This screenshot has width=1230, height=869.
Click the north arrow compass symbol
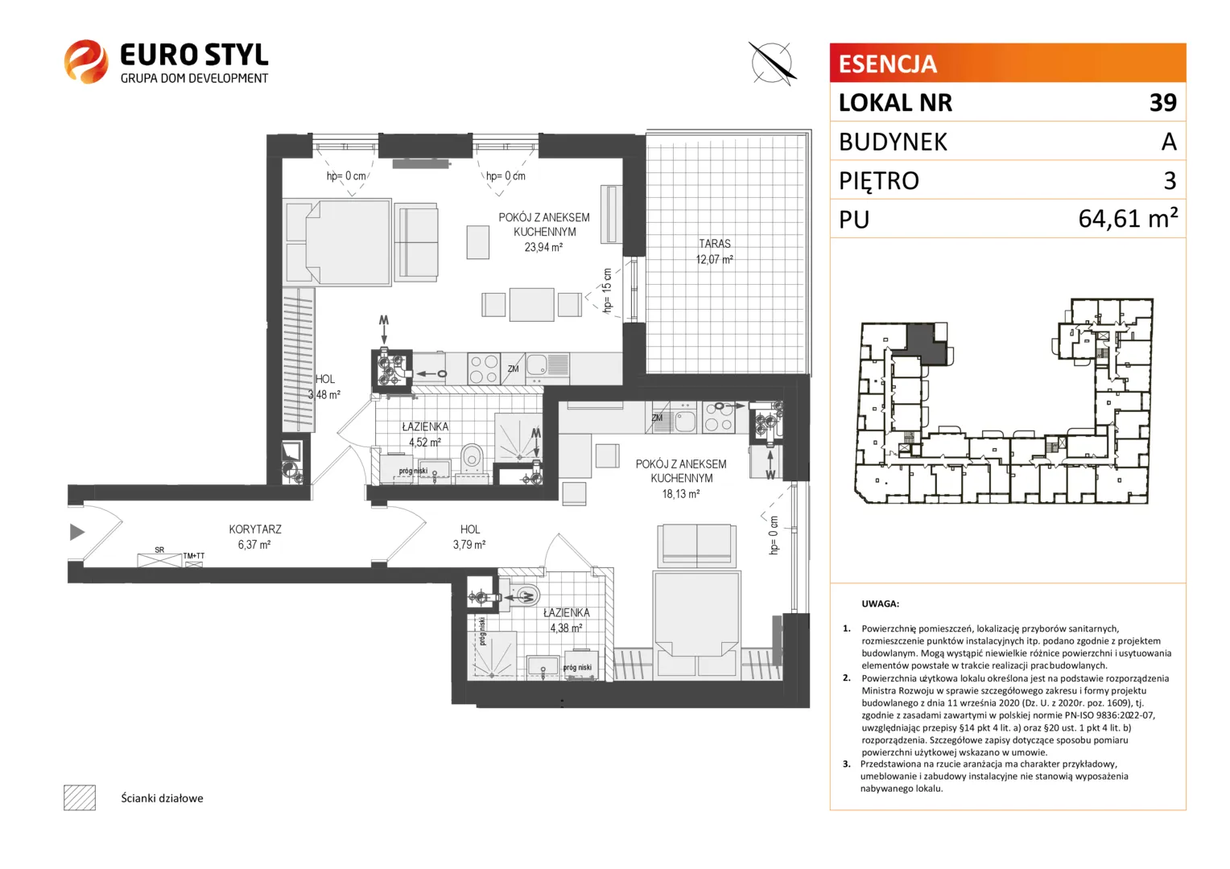click(x=771, y=63)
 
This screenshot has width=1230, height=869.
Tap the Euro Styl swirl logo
click(x=85, y=61)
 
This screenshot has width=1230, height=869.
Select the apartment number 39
click(x=1163, y=103)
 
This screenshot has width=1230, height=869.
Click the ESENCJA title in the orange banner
click(x=887, y=64)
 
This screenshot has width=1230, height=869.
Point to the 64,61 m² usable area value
click(x=1128, y=219)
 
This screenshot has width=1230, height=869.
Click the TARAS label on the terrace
click(x=714, y=243)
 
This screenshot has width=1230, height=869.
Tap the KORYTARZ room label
click(x=255, y=529)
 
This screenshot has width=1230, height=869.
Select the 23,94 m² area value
click(x=543, y=247)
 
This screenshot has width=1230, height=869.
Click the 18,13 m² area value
click(x=680, y=493)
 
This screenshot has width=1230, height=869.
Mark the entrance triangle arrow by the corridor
click(x=77, y=531)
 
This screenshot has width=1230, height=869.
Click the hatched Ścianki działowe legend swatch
click(x=80, y=797)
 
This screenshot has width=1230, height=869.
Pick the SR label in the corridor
click(x=159, y=550)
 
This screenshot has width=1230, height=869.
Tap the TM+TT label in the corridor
click(x=194, y=555)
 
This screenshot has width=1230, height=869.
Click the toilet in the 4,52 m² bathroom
click(x=472, y=457)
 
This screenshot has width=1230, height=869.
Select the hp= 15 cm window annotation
click(x=607, y=290)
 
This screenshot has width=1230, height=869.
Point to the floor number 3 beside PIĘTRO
click(x=1170, y=180)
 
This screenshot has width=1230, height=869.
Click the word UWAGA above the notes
click(x=880, y=603)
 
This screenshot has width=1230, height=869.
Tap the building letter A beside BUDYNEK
click(x=1169, y=142)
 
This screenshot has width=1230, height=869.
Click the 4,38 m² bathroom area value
click(x=566, y=628)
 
